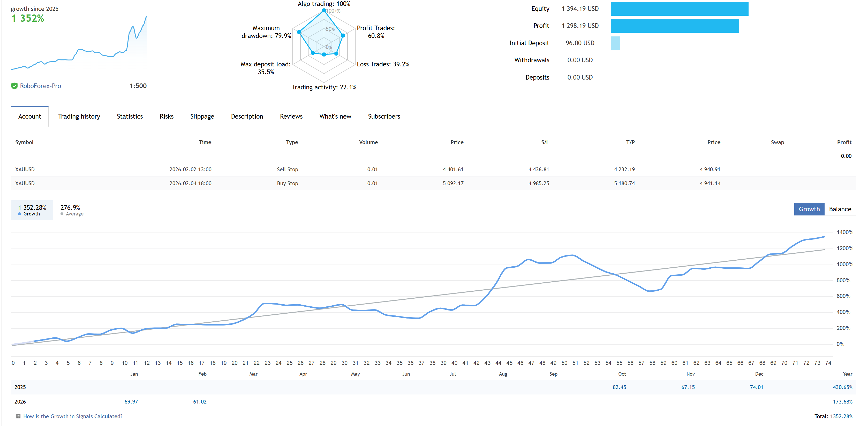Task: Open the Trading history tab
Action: click(x=79, y=117)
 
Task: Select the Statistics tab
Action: click(x=130, y=117)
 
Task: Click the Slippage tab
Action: click(x=202, y=117)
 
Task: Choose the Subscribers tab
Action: click(x=384, y=117)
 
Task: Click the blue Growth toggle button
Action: click(x=809, y=209)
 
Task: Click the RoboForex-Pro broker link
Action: click(x=40, y=86)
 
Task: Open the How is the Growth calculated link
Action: click(x=72, y=416)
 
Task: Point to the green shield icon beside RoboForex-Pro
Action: click(x=14, y=86)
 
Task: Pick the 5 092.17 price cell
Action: click(x=453, y=183)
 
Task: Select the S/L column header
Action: click(x=545, y=142)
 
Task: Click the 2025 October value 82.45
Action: click(x=619, y=387)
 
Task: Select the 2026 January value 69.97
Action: click(x=131, y=402)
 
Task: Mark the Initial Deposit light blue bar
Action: click(x=615, y=43)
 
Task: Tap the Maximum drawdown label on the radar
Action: click(x=266, y=32)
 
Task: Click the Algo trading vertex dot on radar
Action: click(x=323, y=11)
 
